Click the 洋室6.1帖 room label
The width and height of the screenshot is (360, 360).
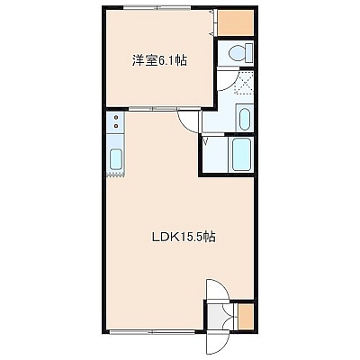159,61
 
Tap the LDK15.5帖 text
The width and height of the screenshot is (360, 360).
184,238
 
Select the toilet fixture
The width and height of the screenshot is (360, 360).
241,52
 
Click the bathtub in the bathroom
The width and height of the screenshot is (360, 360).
241,154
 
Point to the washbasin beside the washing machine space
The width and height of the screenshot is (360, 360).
245,119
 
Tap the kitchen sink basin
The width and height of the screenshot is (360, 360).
116,159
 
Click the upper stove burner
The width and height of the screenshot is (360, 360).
116,117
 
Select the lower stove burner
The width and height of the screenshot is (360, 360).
116,126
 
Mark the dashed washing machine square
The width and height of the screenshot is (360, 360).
244,83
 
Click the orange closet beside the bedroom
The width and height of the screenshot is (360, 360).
235,22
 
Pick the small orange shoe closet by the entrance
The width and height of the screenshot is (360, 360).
246,317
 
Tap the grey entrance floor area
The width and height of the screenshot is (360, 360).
215,318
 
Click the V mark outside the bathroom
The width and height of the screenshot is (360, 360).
206,141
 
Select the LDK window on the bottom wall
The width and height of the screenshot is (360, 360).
152,332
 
